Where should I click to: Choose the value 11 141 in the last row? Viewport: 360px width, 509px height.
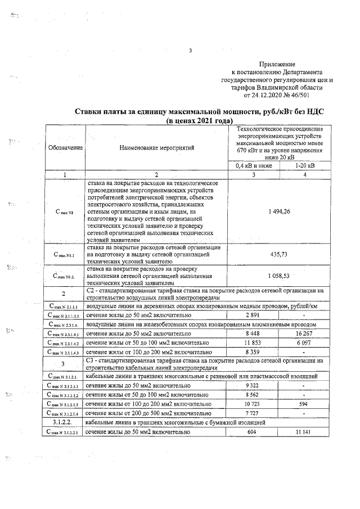(x=304, y=431)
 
